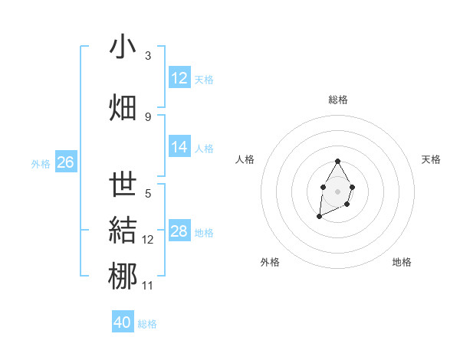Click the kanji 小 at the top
(123, 48)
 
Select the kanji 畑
(123, 106)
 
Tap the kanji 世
(123, 185)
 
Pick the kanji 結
(123, 231)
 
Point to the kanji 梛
(123, 277)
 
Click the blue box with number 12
(179, 78)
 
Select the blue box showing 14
(179, 148)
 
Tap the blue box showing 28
(179, 231)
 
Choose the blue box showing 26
(66, 162)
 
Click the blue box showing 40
(123, 322)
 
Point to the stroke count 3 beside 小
(148, 56)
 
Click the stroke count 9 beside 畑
(148, 116)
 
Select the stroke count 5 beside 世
(148, 194)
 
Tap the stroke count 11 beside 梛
(148, 286)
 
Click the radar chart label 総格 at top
(338, 100)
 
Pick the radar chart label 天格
(431, 159)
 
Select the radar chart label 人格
(245, 159)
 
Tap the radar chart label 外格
(270, 262)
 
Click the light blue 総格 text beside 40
(147, 324)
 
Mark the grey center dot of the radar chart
(337, 191)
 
